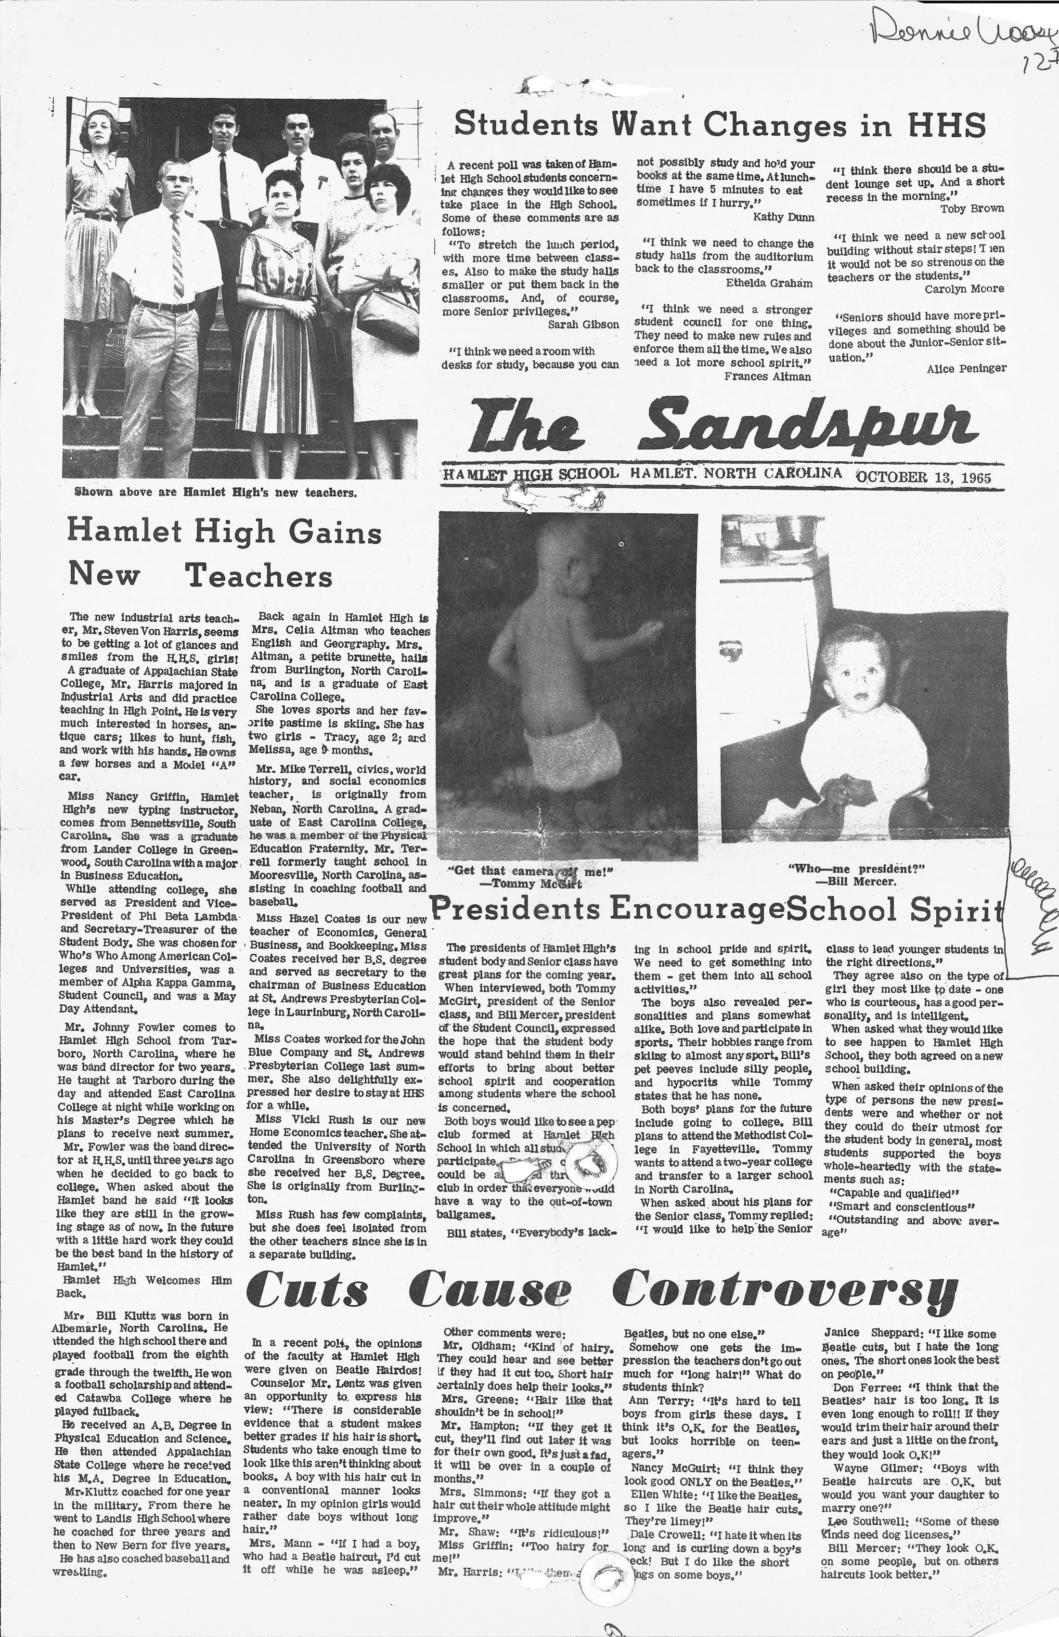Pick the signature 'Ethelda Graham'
[769, 283]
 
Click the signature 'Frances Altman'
[767, 376]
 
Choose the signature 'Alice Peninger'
[966, 369]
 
